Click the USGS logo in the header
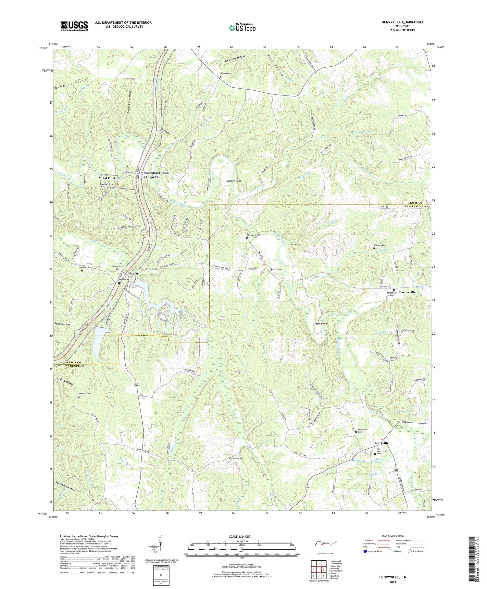[74, 26]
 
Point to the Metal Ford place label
[107, 178]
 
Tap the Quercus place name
[275, 269]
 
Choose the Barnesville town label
[407, 292]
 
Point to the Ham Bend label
[320, 324]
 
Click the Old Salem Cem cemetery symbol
[247, 238]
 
